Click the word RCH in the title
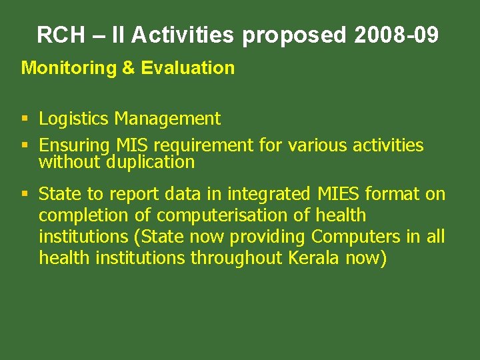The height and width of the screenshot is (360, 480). click(59, 35)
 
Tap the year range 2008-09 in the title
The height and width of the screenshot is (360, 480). click(397, 35)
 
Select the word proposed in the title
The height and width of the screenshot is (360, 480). click(294, 35)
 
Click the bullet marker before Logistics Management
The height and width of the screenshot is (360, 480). click(25, 119)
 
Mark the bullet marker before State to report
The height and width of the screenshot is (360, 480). click(25, 195)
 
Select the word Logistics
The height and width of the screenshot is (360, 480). click(73, 119)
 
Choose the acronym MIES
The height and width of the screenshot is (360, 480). click(339, 194)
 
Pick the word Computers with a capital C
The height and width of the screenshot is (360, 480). click(351, 237)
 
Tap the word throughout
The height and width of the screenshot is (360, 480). click(237, 258)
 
